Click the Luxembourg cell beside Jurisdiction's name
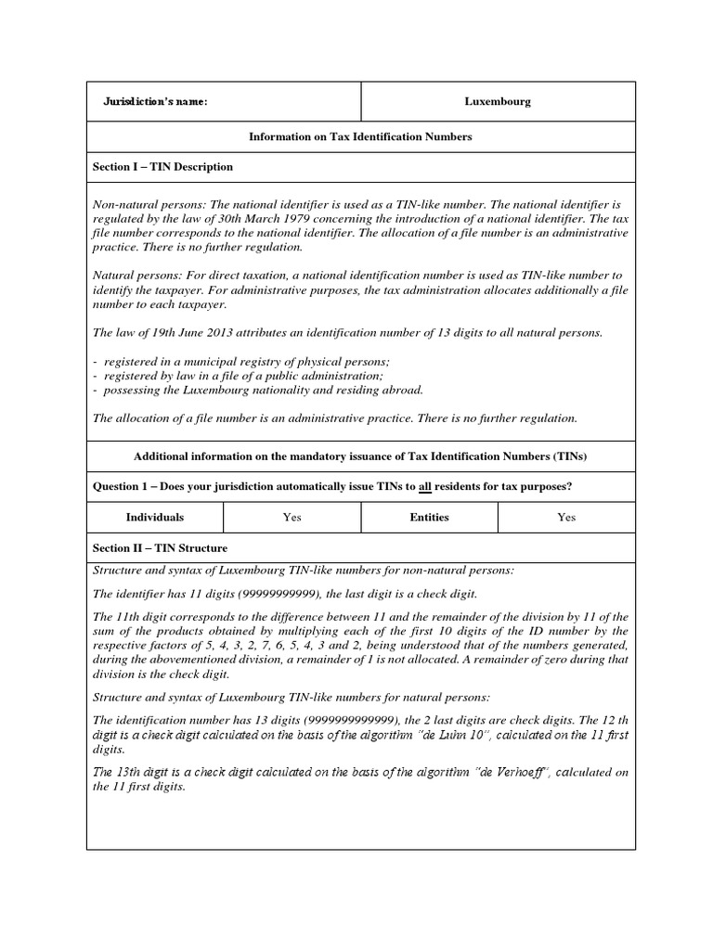tap(498, 102)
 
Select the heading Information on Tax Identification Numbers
tap(360, 136)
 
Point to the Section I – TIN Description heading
tap(162, 167)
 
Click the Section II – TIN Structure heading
tap(160, 548)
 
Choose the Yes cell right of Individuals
tap(292, 518)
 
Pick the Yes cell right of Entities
tap(566, 518)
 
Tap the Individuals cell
tap(155, 518)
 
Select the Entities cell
tap(429, 518)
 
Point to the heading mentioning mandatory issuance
tap(360, 457)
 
